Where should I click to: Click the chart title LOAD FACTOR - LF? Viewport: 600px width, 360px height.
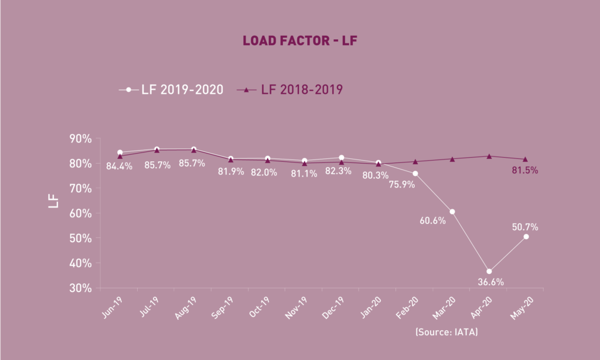(299, 42)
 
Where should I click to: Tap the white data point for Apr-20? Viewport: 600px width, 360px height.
(489, 271)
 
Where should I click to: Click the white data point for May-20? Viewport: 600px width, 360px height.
(526, 236)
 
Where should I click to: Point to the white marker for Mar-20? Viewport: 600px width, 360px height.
(452, 212)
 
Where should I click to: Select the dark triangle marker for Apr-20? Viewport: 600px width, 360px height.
(489, 156)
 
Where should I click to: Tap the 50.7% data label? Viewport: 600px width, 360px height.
(525, 227)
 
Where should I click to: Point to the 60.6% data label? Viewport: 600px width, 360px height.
(432, 220)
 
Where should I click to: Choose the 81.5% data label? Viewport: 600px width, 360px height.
(525, 171)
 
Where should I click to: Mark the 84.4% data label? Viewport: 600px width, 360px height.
(119, 166)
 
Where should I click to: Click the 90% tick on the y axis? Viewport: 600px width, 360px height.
(80, 139)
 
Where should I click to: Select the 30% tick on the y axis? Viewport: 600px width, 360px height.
(80, 288)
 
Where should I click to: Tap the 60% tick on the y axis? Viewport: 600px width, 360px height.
(80, 213)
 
